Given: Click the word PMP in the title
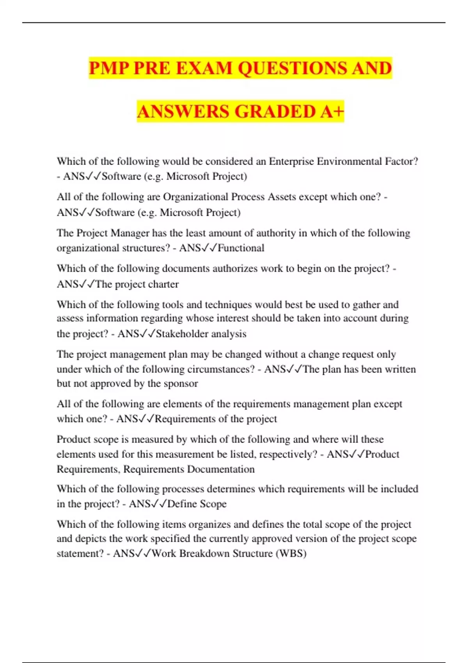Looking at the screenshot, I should pos(109,68).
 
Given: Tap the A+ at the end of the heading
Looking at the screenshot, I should pos(332,112).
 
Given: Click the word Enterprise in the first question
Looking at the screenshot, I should pos(291,161).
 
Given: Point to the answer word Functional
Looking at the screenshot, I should pos(241,248).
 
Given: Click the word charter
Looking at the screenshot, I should pos(163,284).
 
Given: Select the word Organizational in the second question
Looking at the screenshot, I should pos(195,197).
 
